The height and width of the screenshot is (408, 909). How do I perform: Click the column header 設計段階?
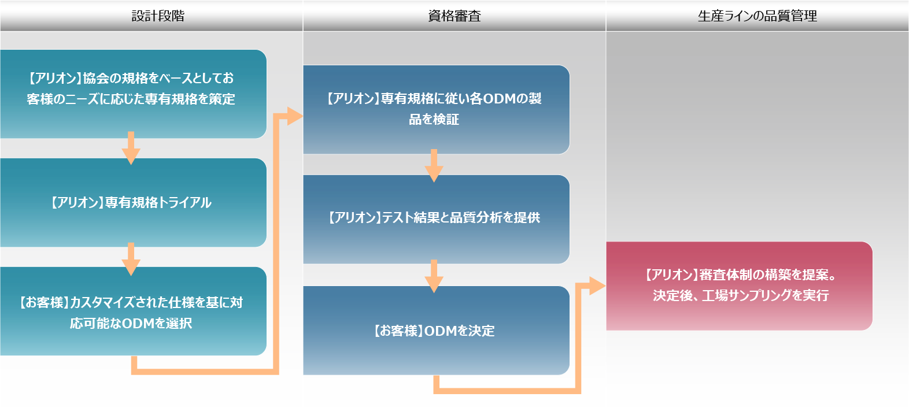pyautogui.click(x=158, y=16)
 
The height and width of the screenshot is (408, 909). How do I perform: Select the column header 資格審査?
pyautogui.click(x=454, y=16)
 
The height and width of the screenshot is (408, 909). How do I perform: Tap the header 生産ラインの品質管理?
pyautogui.click(x=757, y=16)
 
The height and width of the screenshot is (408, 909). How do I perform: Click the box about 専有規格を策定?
pyautogui.click(x=133, y=94)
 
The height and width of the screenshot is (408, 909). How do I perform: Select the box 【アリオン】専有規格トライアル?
pyautogui.click(x=133, y=202)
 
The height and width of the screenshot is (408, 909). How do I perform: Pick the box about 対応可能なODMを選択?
pyautogui.click(x=133, y=311)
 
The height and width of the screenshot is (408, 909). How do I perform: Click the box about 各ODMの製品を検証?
pyautogui.click(x=436, y=109)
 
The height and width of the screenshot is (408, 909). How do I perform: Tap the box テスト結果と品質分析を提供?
pyautogui.click(x=436, y=220)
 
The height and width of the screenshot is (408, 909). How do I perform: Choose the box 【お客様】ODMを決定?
pyautogui.click(x=436, y=330)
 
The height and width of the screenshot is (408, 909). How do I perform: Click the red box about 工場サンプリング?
pyautogui.click(x=740, y=286)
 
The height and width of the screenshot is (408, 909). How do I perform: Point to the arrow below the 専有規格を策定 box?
pyautogui.click(x=131, y=148)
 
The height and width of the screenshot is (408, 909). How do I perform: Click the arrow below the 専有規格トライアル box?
pyautogui.click(x=131, y=259)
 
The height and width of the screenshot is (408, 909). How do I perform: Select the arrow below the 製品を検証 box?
pyautogui.click(x=434, y=165)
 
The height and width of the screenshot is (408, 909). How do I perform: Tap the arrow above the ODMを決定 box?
pyautogui.click(x=434, y=276)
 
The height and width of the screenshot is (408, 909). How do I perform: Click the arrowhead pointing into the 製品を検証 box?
pyautogui.click(x=295, y=116)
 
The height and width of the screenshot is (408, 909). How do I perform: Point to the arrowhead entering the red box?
pyautogui.click(x=597, y=286)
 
